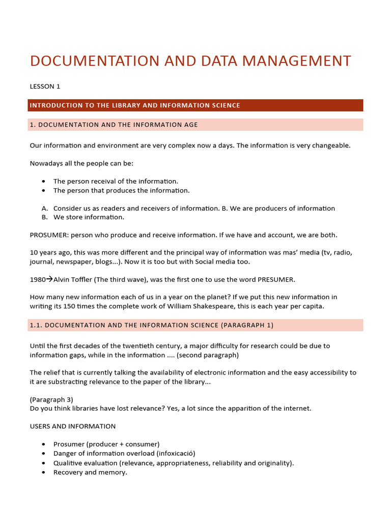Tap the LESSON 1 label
(x=45, y=86)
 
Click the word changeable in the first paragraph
(x=326, y=146)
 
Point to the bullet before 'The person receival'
(x=44, y=181)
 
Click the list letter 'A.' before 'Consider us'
(x=44, y=208)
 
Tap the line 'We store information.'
(x=89, y=217)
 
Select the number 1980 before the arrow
(x=38, y=279)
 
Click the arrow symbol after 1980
(x=49, y=279)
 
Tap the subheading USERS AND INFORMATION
(x=73, y=426)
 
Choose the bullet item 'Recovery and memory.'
(x=90, y=472)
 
